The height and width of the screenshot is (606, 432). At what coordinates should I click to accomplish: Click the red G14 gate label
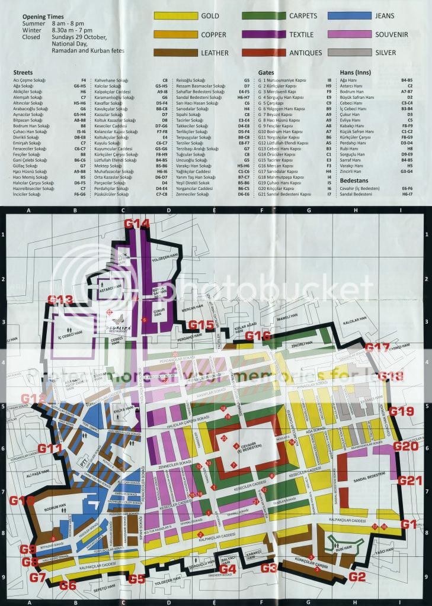coord(137,224)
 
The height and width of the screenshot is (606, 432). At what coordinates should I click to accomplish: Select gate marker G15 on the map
coord(201,324)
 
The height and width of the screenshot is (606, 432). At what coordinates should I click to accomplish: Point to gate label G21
coord(410,481)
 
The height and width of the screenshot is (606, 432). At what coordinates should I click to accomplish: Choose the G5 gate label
coord(136,578)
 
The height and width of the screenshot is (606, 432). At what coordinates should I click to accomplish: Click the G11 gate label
coord(50,449)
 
